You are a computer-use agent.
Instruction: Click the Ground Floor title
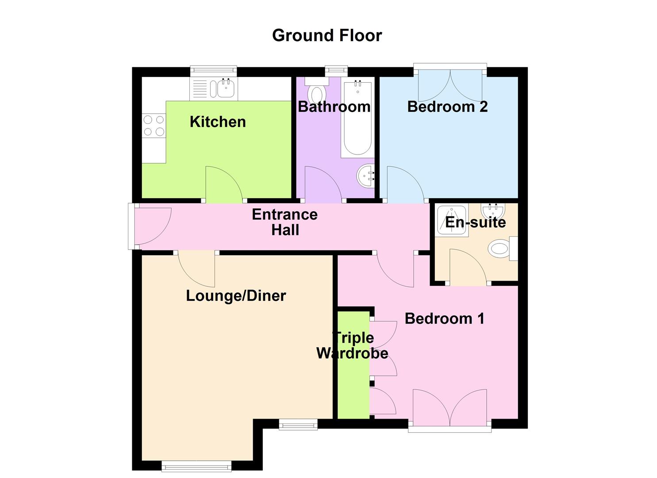tap(327, 35)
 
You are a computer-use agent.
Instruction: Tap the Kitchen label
tap(218, 122)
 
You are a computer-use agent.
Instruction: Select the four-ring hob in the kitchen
tap(154, 126)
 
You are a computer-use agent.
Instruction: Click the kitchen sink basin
tap(226, 88)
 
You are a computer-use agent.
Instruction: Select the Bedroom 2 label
tap(447, 107)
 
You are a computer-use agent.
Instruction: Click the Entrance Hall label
tap(285, 222)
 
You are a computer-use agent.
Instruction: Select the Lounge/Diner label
tap(236, 296)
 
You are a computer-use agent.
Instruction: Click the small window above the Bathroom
tap(336, 71)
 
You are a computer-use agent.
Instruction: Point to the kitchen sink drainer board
tap(200, 89)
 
